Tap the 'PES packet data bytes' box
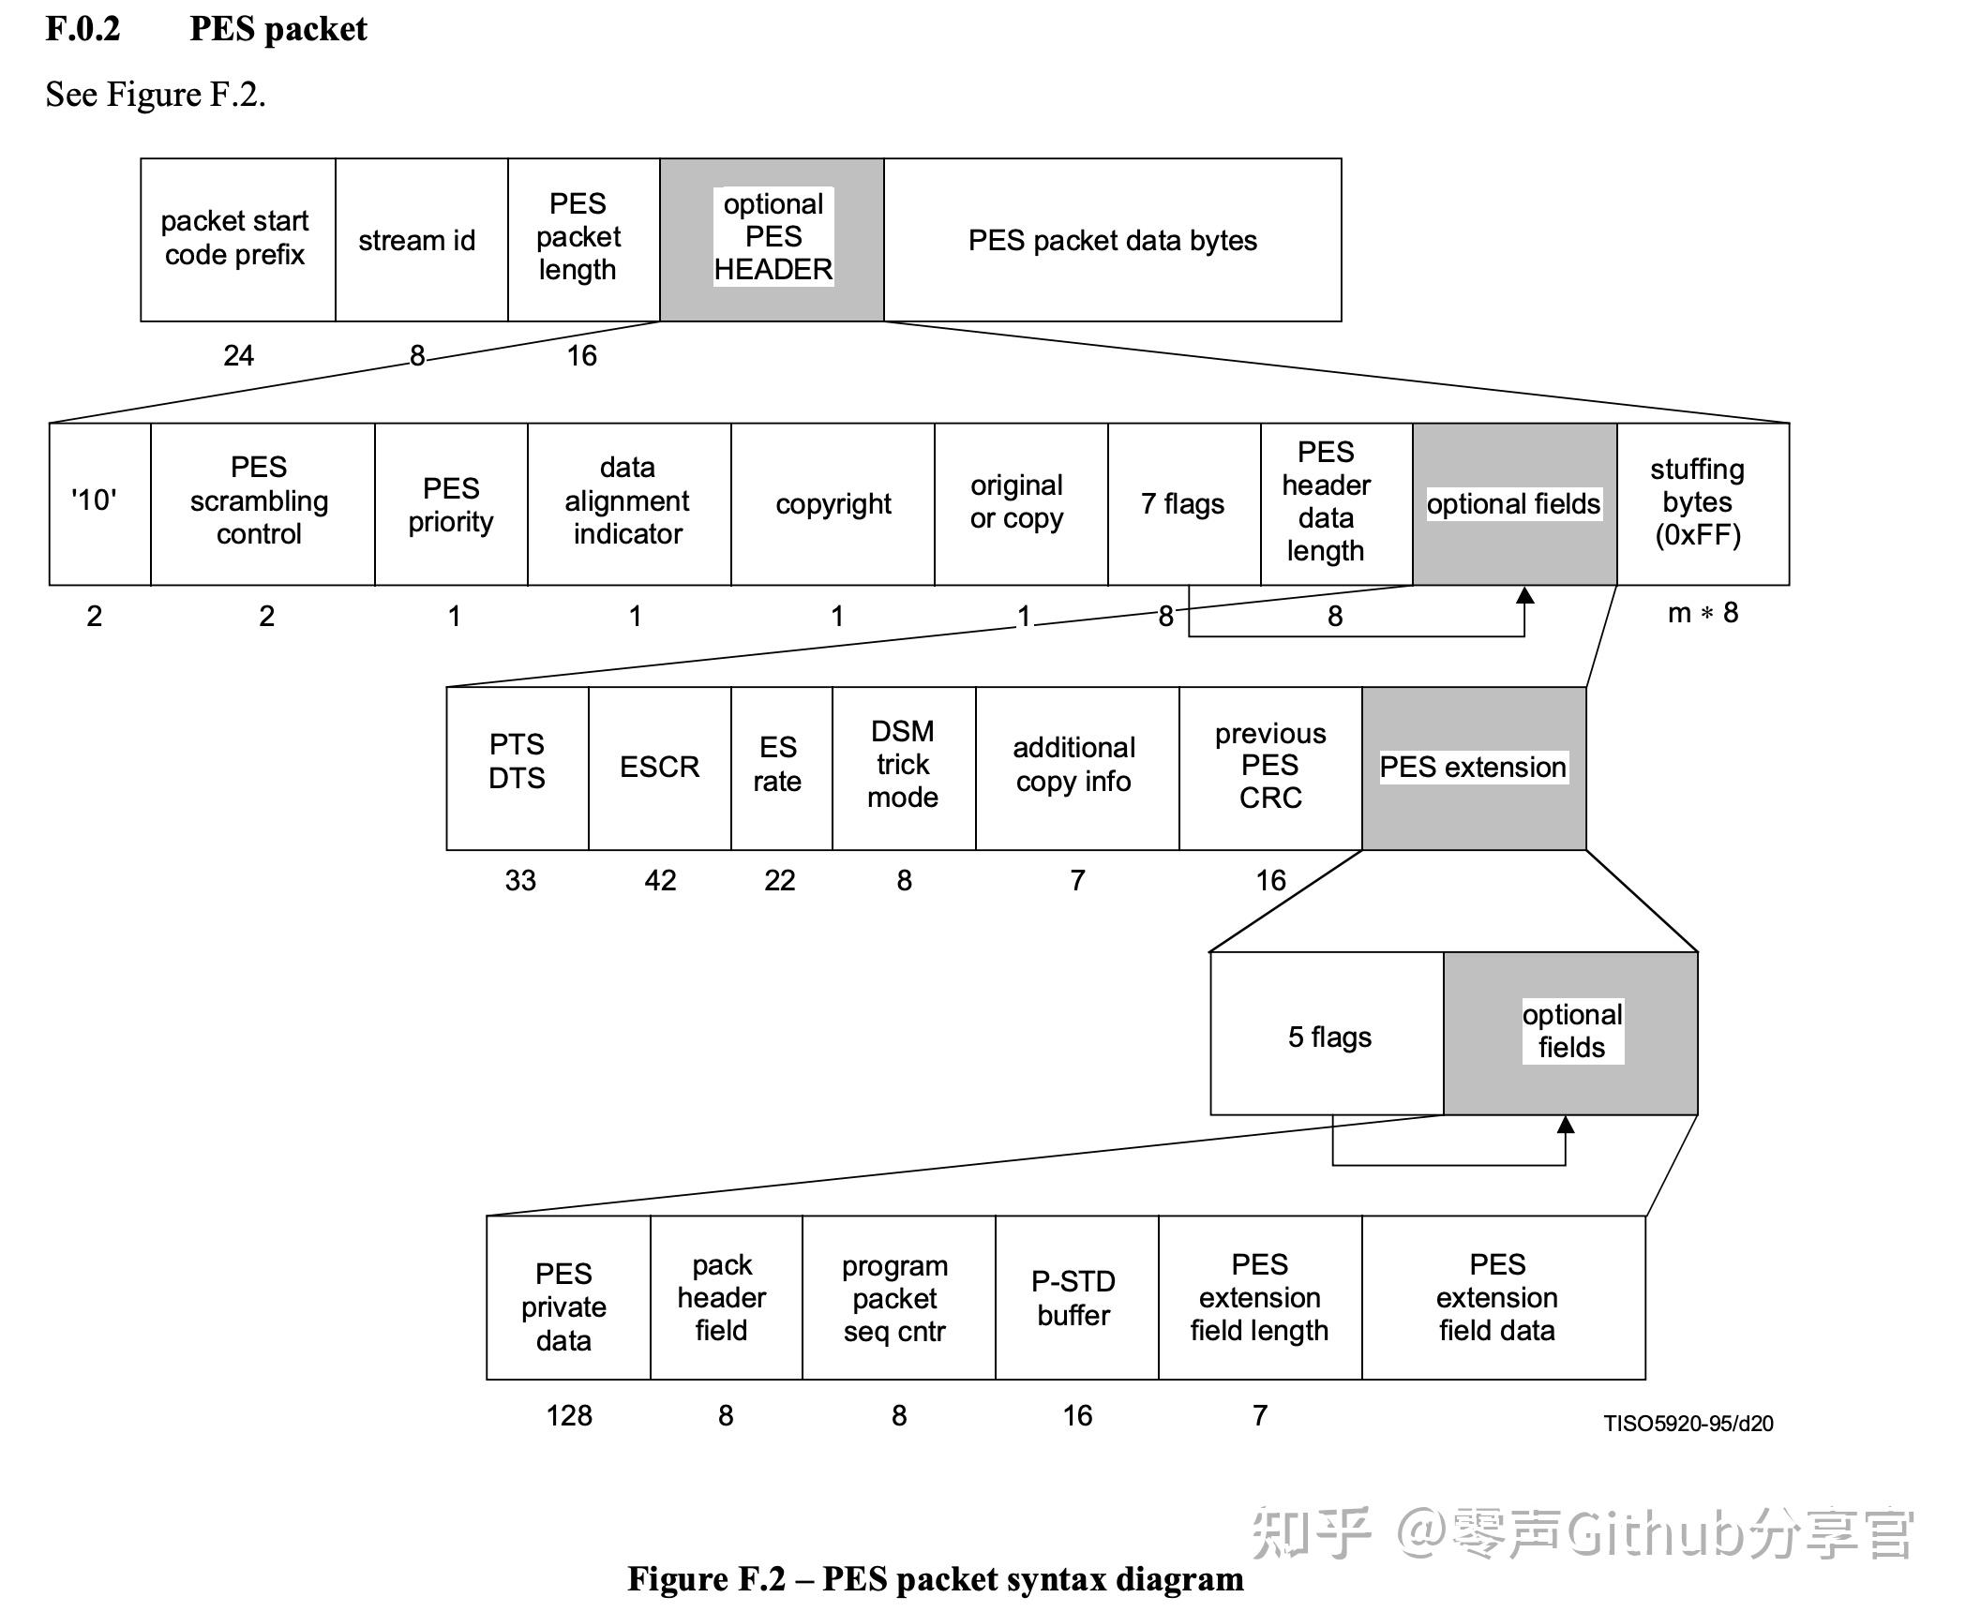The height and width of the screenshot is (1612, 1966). point(1112,240)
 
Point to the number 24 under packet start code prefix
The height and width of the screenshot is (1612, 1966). point(238,355)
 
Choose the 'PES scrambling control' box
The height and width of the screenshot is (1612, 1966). point(262,503)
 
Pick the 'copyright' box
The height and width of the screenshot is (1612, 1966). point(833,503)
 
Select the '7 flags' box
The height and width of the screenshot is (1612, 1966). point(1183,503)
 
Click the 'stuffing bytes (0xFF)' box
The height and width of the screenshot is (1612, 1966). point(1702,503)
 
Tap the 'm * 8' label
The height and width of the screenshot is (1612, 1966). point(1702,613)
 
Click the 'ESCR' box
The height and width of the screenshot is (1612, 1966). point(659,768)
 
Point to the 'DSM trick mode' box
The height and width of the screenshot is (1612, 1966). point(903,768)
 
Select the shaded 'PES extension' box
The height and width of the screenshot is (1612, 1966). point(1473,768)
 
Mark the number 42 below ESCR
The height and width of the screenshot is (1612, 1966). point(660,880)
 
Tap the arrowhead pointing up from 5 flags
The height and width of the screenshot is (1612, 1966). point(1565,1125)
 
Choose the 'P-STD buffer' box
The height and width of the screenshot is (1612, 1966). point(1075,1297)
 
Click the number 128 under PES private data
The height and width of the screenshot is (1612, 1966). point(569,1415)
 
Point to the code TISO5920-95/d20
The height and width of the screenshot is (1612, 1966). point(1688,1424)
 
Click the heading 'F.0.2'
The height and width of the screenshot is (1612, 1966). point(83,29)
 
